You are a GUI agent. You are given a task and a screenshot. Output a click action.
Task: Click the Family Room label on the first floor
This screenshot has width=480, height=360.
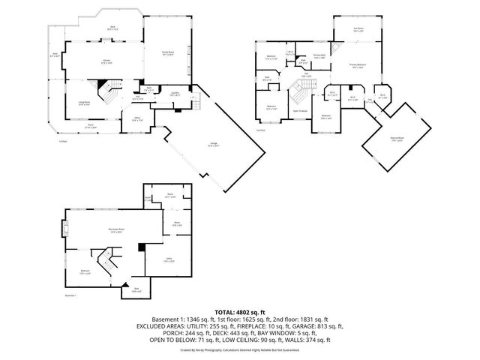[x=169, y=52]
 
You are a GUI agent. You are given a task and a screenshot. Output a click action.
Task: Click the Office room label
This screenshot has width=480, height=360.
[x=137, y=118]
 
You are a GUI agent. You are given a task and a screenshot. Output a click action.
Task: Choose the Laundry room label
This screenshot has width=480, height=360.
[x=174, y=94]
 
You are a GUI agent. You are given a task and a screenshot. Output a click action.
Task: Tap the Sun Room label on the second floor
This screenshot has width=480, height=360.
[x=358, y=30]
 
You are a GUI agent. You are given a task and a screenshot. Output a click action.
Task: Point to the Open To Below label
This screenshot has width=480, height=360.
[x=299, y=111]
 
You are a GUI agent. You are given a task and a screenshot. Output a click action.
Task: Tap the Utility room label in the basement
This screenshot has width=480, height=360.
[x=169, y=259]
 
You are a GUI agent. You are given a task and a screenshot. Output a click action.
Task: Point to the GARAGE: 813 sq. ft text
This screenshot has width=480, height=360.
[x=318, y=326]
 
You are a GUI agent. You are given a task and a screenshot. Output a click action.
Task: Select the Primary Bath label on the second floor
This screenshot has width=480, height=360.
[x=319, y=57]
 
